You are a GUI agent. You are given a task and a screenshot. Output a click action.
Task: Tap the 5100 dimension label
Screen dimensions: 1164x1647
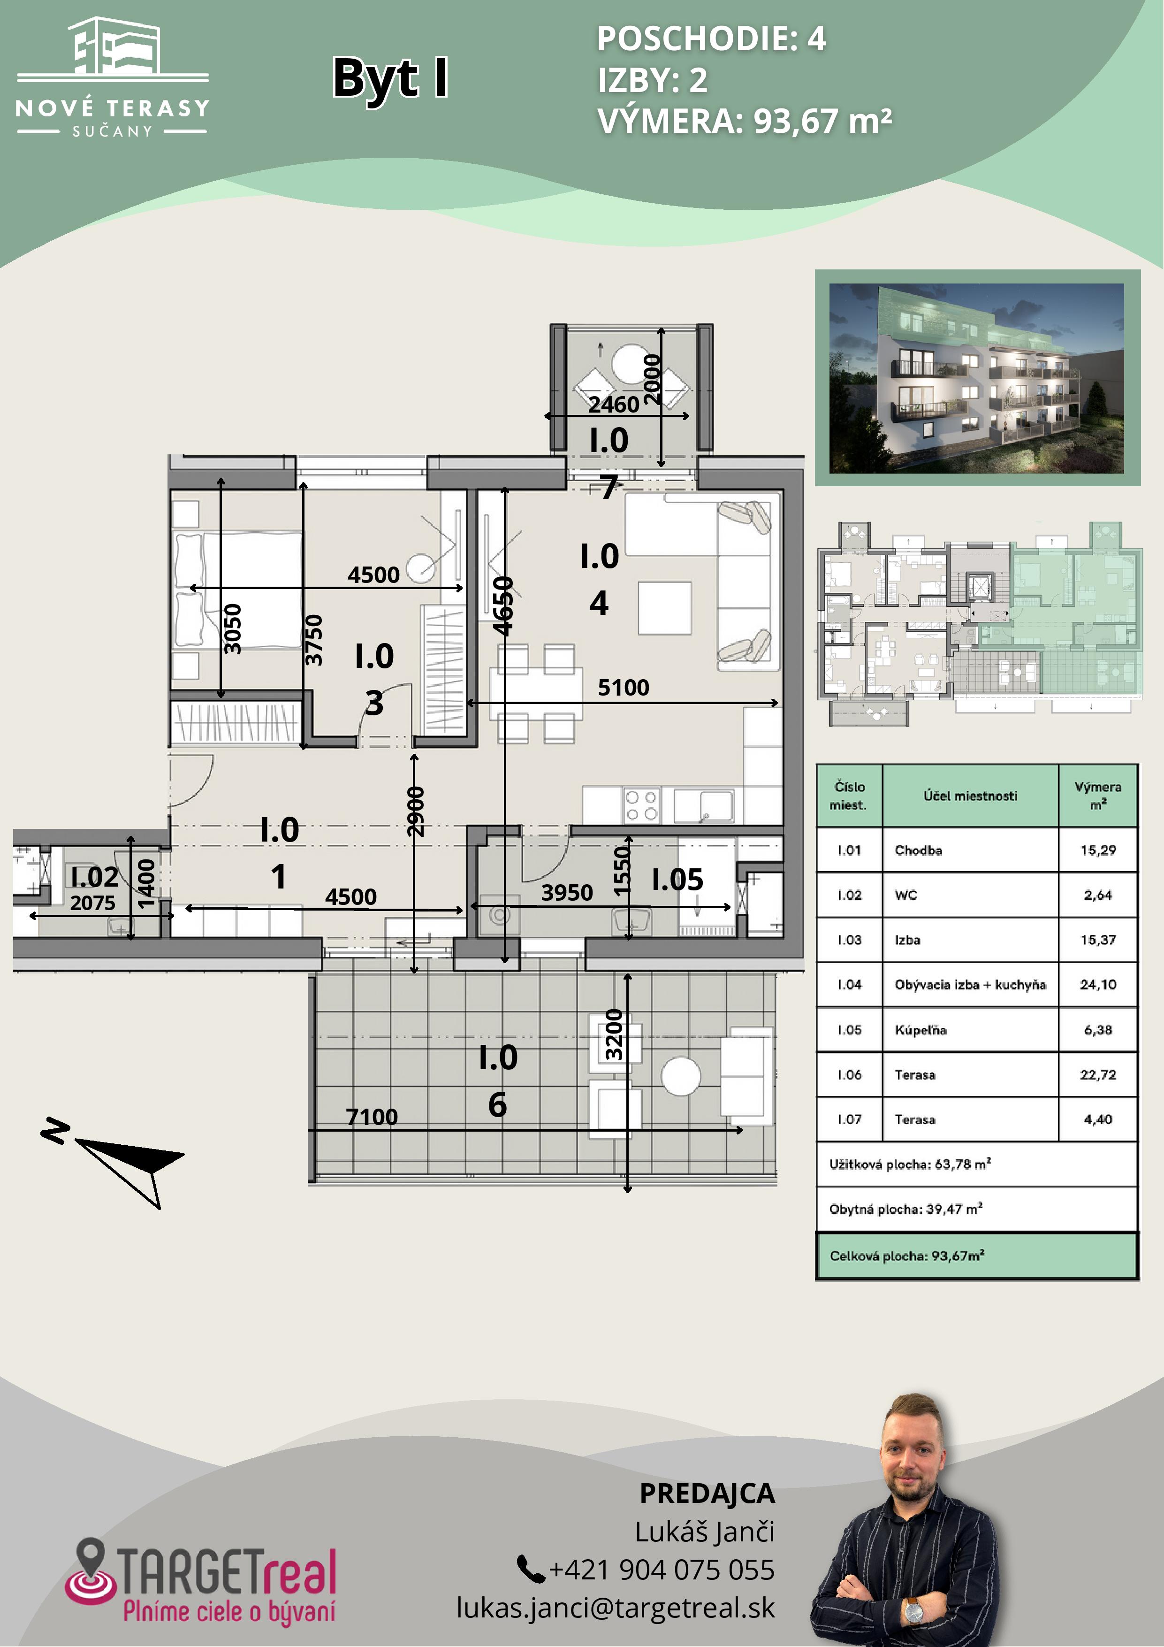[x=623, y=687]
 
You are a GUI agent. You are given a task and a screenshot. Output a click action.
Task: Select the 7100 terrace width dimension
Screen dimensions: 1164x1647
[x=372, y=1117]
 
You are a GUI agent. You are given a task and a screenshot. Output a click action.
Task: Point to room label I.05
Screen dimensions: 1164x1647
[x=677, y=880]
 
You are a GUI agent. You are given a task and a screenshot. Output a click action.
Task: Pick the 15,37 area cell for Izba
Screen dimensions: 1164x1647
[x=1098, y=940]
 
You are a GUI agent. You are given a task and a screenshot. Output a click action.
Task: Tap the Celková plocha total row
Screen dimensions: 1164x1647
[x=977, y=1256]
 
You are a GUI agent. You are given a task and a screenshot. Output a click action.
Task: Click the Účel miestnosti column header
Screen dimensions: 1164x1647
[x=970, y=796]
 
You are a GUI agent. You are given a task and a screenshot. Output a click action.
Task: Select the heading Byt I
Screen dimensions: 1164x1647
[x=391, y=77]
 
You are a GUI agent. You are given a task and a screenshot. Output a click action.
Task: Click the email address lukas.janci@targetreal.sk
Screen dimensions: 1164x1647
[x=616, y=1608]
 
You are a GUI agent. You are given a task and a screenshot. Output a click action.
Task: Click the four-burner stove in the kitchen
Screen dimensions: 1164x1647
[x=641, y=805]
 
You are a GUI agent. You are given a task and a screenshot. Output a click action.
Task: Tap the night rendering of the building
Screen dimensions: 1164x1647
[x=977, y=378]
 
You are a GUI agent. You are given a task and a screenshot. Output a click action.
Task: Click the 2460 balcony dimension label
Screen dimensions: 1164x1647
[x=614, y=405]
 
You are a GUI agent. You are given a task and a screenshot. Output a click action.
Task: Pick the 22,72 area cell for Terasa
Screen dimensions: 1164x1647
[x=1098, y=1074]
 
